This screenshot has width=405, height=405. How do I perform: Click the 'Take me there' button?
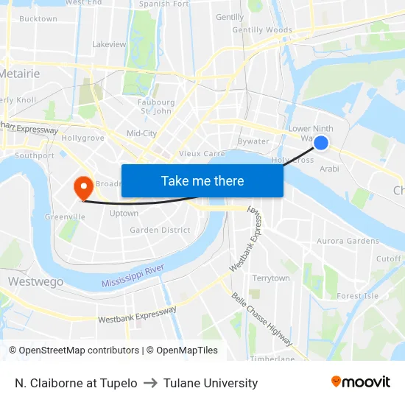[x=202, y=180]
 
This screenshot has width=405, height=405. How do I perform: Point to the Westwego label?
[x=35, y=281]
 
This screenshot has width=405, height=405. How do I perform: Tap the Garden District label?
[x=160, y=230]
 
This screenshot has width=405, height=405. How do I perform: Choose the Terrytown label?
[x=271, y=278]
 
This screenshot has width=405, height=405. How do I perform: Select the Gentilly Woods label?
[x=262, y=30]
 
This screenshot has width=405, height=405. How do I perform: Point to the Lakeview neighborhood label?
[x=109, y=44]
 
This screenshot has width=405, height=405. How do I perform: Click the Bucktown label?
[x=38, y=19]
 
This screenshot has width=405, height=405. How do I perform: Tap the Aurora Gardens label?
[x=348, y=241]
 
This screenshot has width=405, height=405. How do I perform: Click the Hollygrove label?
[x=83, y=138]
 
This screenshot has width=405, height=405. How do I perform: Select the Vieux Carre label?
[x=202, y=154]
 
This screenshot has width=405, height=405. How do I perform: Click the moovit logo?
[x=360, y=382]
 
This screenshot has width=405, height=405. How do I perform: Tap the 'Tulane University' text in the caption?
[x=211, y=383]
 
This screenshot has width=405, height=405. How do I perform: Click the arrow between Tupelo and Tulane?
[x=150, y=383]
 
